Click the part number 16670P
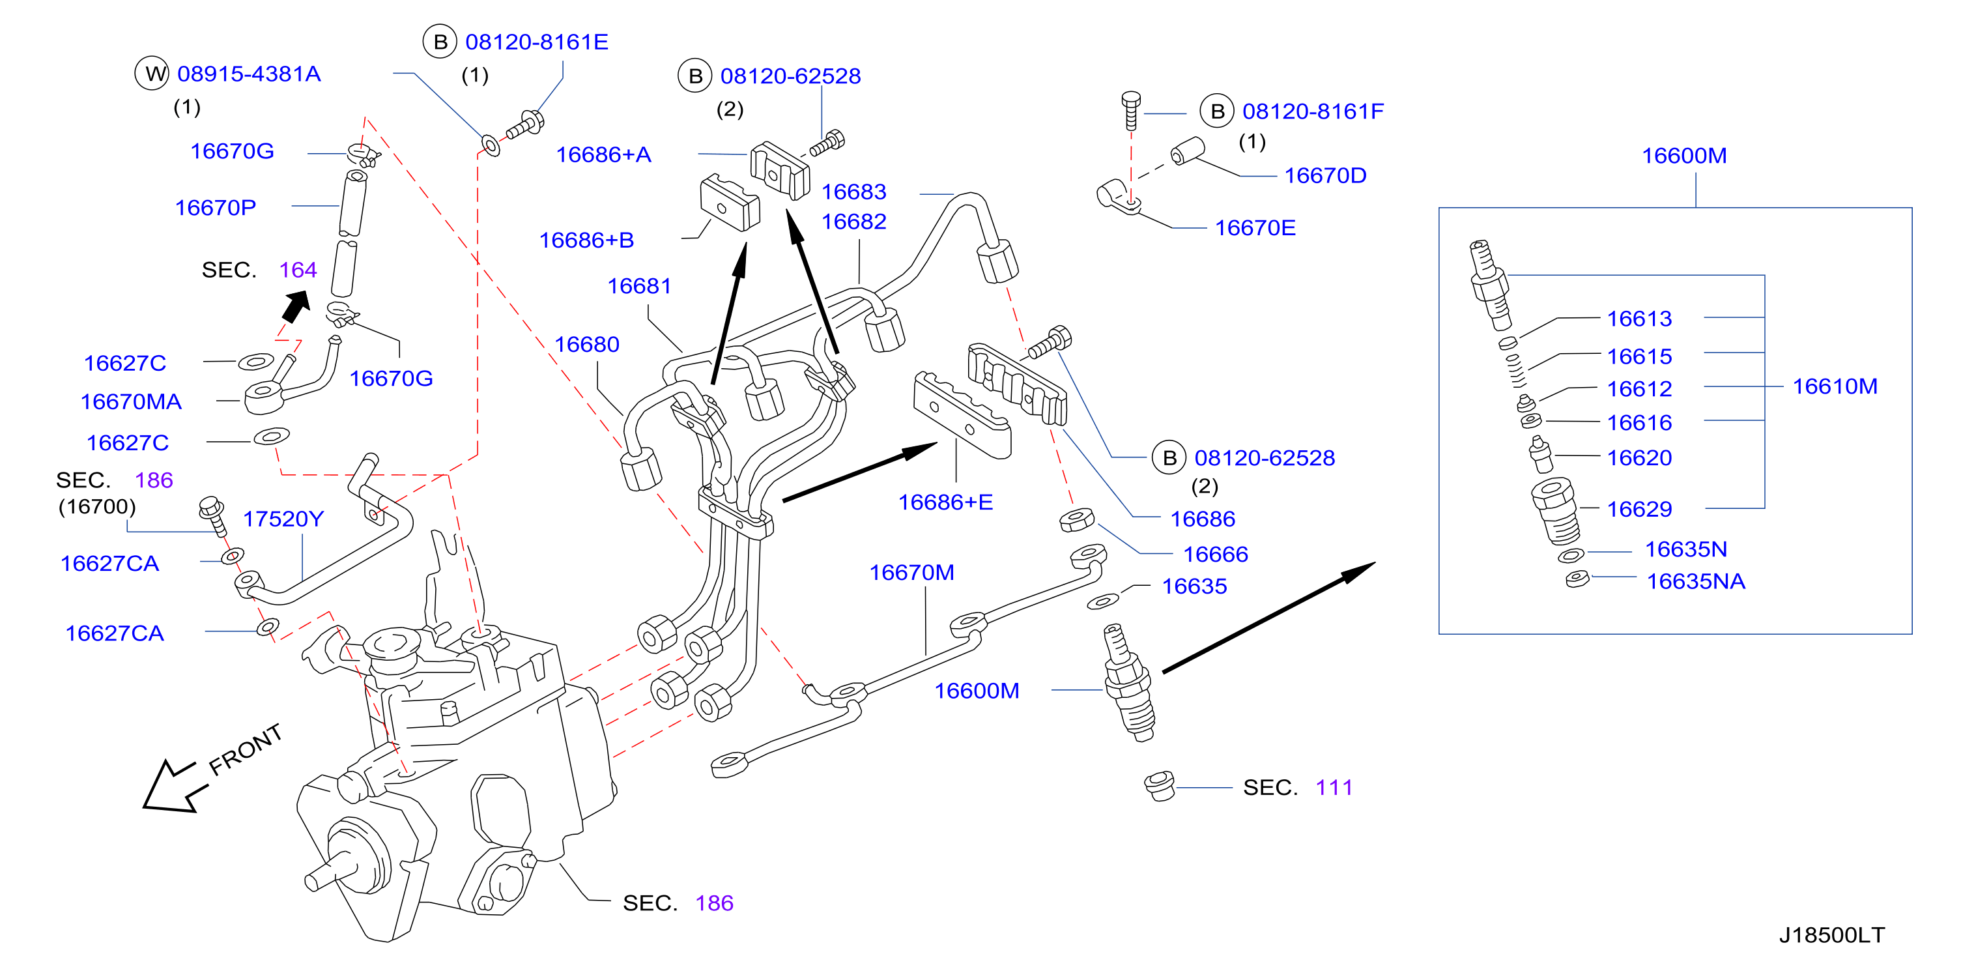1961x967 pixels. pos(216,207)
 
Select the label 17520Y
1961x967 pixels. pos(283,519)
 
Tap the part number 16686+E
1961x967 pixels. pos(945,502)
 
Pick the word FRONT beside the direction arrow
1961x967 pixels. pos(246,749)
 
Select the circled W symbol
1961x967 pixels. pos(152,74)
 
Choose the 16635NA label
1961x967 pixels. pos(1695,581)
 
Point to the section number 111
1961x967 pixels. pos(1334,787)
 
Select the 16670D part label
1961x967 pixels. pos(1325,175)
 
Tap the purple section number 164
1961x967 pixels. pos(298,270)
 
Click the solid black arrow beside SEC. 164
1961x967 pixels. pos(296,307)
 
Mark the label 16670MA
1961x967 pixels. pos(131,401)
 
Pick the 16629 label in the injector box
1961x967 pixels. pos(1639,509)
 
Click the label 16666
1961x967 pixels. pos(1216,554)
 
